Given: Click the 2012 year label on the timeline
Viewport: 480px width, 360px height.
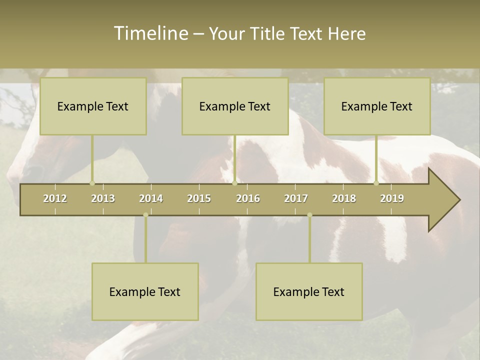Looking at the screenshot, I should coord(55,198).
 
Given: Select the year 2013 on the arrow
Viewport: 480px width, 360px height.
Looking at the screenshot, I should coord(103,198).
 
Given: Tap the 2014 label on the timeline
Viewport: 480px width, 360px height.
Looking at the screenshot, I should coord(151,198).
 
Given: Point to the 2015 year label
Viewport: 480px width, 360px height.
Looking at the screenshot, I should coord(199,198).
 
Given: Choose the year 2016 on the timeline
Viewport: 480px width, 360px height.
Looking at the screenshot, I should coord(248,198).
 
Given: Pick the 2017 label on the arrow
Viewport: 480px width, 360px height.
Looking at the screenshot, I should coord(296,198).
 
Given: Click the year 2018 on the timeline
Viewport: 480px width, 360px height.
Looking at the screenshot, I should coord(344,198).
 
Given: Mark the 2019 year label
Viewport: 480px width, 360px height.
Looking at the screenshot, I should coord(392,198).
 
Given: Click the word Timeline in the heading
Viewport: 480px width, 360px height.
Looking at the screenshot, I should coord(150,33).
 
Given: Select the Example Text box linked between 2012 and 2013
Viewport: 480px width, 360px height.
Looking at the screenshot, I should coord(93,106).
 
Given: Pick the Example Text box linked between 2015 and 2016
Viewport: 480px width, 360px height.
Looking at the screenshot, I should coord(235,106).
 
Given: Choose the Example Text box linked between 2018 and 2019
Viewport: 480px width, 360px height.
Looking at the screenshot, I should coord(377,106).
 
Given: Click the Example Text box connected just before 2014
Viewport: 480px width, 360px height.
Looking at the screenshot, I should coord(145,291).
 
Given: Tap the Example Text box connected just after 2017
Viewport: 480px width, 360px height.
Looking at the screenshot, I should coord(309,291).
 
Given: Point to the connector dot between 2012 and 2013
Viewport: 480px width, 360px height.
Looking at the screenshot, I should coord(92,183).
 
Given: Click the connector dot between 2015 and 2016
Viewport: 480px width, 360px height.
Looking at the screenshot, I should coord(234,183).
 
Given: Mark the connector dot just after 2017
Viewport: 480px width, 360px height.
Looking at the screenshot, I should coord(309,215).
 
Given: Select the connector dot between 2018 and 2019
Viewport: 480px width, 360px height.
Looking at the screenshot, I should coord(376,183).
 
